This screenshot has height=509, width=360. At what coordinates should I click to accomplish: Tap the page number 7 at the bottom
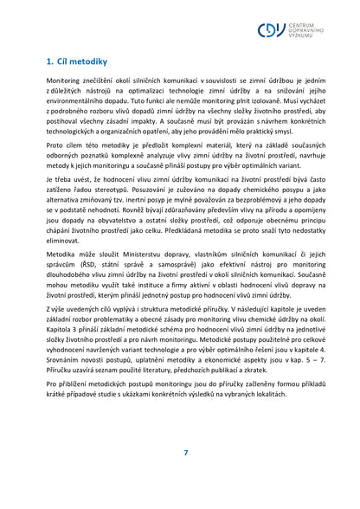pos(185,453)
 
